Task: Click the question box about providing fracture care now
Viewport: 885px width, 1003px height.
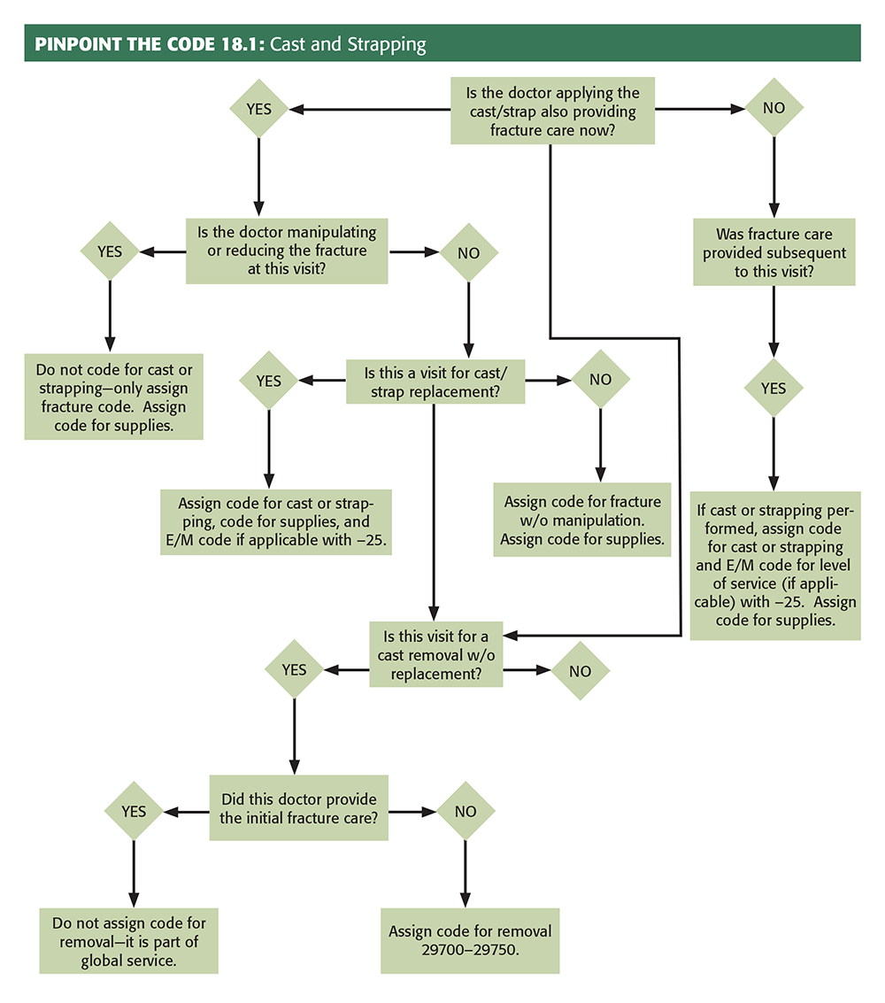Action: [x=552, y=111]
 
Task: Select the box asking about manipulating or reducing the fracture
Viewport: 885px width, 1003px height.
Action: [x=287, y=251]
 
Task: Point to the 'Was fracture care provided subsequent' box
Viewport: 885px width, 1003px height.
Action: [x=773, y=251]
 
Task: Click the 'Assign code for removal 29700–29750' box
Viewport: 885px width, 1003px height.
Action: [x=469, y=941]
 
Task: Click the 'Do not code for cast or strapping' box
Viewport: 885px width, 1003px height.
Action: [x=113, y=397]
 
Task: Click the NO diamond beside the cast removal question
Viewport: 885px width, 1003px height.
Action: [x=580, y=670]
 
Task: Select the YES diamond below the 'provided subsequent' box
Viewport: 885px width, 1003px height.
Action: [x=773, y=388]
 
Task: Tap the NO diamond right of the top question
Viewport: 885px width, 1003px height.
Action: [x=773, y=109]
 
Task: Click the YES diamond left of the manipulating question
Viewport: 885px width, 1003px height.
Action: [x=110, y=251]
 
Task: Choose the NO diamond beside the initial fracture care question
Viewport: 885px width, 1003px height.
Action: [x=466, y=811]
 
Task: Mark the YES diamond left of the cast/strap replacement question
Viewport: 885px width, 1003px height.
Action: [x=268, y=381]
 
